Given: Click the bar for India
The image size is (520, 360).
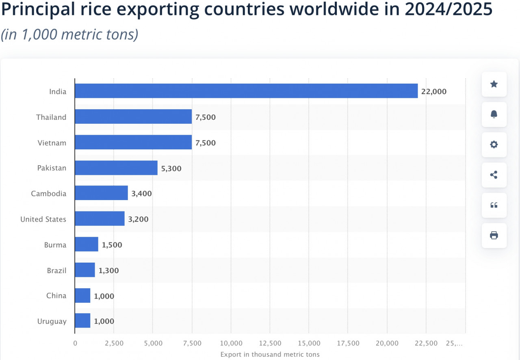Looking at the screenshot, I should [246, 91].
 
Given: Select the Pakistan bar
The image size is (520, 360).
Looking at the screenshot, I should [116, 168].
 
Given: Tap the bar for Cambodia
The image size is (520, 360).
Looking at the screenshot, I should [101, 193].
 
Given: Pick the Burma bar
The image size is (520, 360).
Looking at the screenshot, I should [87, 245].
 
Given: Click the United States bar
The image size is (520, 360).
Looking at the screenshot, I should [100, 219].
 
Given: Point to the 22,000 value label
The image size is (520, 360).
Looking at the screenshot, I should [433, 92].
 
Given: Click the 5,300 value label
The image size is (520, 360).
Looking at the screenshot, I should [171, 168].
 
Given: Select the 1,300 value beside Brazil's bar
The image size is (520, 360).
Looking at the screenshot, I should [108, 271].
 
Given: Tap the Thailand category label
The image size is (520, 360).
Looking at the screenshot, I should [51, 117].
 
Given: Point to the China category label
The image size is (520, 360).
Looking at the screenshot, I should [56, 295].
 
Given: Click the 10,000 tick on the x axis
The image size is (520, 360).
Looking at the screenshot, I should [231, 343].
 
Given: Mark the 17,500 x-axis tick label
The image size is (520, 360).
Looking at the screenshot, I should [348, 343].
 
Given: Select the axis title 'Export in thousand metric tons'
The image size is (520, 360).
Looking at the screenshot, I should [270, 355].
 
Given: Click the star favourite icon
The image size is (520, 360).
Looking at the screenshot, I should [494, 84].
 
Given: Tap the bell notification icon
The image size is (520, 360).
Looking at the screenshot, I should [494, 114].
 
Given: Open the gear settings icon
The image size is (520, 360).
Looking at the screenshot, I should [494, 144].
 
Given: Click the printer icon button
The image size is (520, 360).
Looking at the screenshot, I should [494, 235].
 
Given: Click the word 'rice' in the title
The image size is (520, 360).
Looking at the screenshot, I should [87, 9].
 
